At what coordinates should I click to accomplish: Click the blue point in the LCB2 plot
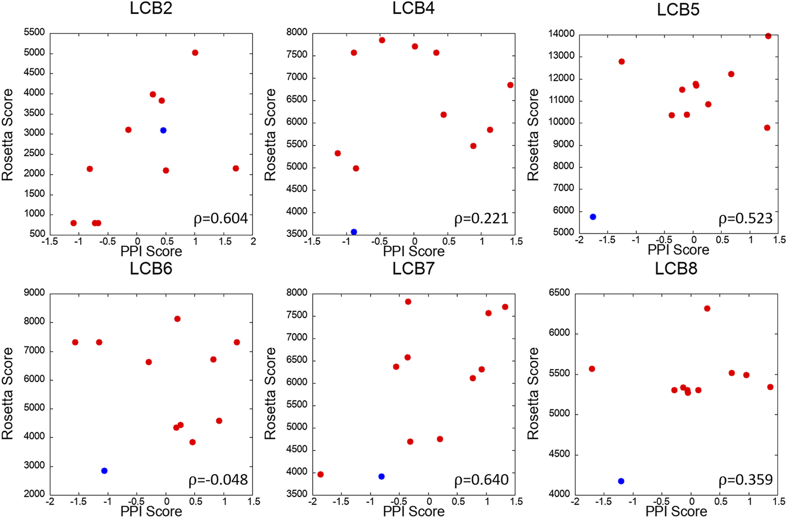[x=163, y=130]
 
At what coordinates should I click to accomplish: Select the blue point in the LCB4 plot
[x=354, y=232]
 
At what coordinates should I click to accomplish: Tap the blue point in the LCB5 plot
[x=592, y=217]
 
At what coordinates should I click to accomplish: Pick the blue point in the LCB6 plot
[x=104, y=471]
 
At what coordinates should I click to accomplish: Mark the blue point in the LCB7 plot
[x=382, y=476]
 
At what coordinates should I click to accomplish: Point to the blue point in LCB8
[x=621, y=481]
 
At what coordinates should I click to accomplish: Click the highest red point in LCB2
[x=195, y=52]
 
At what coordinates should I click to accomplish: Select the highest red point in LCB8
[x=707, y=308]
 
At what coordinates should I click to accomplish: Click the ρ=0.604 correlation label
[x=221, y=218]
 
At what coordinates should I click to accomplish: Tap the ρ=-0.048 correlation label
[x=218, y=480]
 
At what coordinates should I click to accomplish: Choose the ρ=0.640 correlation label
[x=481, y=480]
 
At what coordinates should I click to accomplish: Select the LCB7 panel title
[x=413, y=269]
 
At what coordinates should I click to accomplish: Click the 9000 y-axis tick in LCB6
[x=34, y=293]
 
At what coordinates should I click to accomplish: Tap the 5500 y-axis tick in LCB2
[x=34, y=32]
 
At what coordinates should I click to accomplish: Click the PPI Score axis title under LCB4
[x=413, y=251]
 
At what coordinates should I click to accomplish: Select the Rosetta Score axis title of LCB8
[x=533, y=393]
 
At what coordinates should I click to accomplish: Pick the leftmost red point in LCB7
[x=320, y=474]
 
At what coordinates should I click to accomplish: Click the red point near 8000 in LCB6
[x=177, y=319]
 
